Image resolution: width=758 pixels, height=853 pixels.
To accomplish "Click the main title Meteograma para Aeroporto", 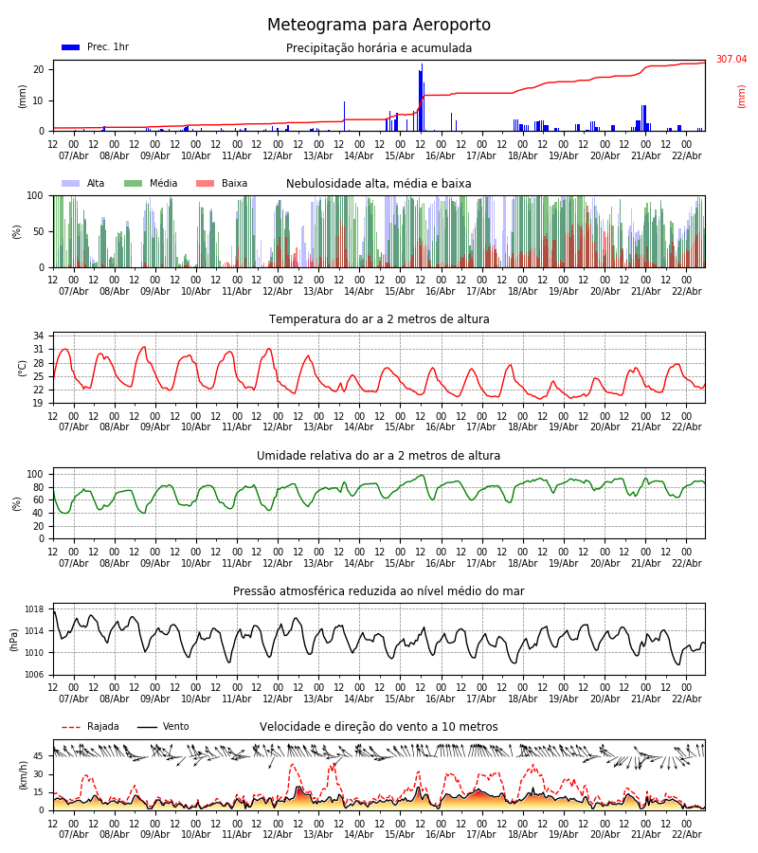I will coord(379,26).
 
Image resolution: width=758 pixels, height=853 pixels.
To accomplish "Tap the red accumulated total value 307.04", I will coord(731,60).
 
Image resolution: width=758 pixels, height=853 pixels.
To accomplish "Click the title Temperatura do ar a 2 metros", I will coord(379,319).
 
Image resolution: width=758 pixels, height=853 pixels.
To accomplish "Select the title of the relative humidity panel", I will coord(379,456).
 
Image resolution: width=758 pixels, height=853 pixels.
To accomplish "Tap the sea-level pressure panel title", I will coord(379,591).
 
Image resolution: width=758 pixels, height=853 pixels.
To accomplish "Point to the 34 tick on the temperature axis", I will coord(38,336).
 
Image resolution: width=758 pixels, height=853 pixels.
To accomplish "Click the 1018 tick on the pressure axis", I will coord(34,609).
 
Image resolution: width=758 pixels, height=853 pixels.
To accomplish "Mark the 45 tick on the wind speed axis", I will coord(38,756).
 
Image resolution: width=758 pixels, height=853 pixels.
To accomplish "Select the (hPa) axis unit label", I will coord(14,640).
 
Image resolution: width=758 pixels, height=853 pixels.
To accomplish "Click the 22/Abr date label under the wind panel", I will coord(686,834).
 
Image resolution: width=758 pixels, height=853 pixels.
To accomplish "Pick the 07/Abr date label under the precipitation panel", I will coord(73,155).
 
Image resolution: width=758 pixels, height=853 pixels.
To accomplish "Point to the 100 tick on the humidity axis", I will coord(35,474).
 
